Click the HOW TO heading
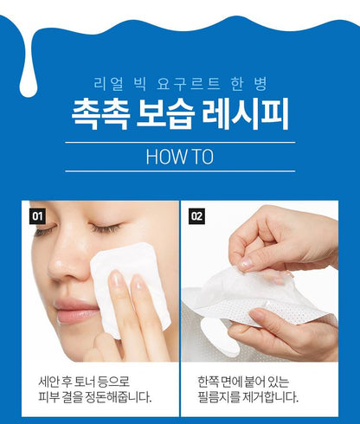pyautogui.click(x=180, y=157)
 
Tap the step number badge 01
pyautogui.click(x=37, y=215)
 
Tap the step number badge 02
pyautogui.click(x=196, y=215)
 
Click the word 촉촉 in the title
pyautogui.click(x=100, y=113)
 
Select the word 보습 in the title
pyautogui.click(x=165, y=113)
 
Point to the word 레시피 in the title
pyautogui.click(x=246, y=113)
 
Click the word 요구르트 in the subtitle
pyautogui.click(x=189, y=84)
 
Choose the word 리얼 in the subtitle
pyautogui.click(x=109, y=84)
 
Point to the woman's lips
pyautogui.click(x=76, y=310)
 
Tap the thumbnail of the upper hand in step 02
pyautogui.click(x=245, y=264)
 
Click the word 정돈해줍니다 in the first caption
pyautogui.click(x=119, y=397)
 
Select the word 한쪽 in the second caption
pyautogui.click(x=208, y=382)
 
